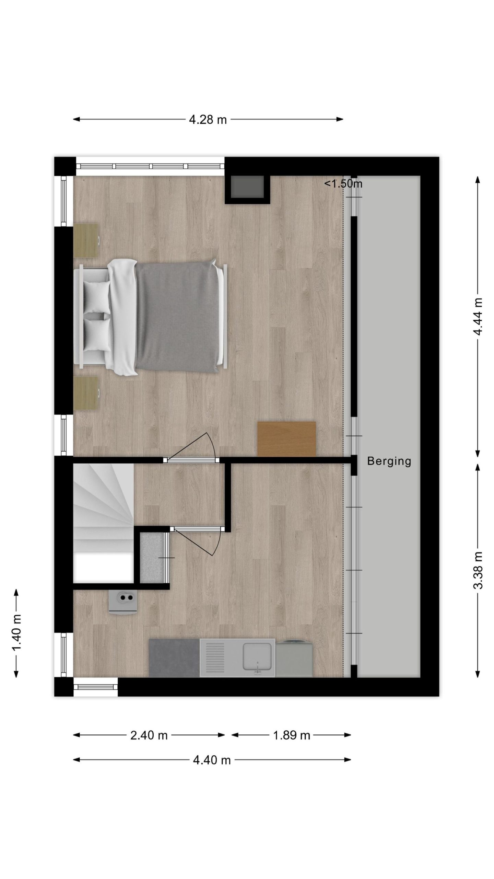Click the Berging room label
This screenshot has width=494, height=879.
click(389, 461)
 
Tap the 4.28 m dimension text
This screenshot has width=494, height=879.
click(208, 120)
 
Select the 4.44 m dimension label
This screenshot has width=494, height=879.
click(478, 317)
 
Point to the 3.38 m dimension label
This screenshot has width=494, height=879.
click(478, 570)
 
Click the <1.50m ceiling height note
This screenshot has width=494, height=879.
click(343, 184)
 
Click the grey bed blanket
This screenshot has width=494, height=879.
click(178, 317)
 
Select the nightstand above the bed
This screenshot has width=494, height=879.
click(86, 240)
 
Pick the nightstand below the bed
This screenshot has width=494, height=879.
click(86, 393)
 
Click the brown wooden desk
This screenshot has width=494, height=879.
click(286, 439)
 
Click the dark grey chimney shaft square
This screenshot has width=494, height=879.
click(247, 187)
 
